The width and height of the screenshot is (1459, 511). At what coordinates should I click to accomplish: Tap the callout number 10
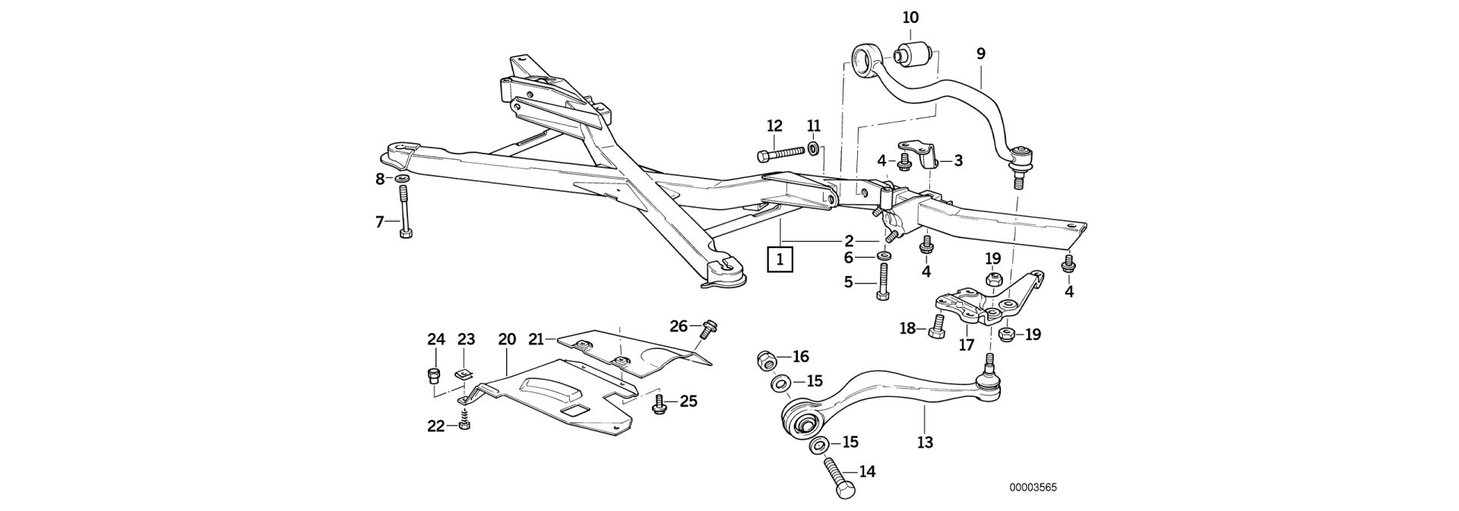click(910, 17)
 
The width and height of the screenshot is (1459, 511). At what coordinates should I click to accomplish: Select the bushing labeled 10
click(912, 56)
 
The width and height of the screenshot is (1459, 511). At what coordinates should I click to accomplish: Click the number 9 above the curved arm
click(981, 54)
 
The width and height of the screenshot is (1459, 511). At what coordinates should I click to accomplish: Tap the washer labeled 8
click(402, 179)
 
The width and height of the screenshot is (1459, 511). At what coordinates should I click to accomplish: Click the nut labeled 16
click(765, 360)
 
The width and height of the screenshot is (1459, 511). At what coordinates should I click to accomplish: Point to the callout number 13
click(925, 442)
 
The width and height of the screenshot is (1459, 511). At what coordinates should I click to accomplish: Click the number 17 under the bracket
click(966, 344)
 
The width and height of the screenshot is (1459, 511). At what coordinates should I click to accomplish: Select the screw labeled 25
click(660, 403)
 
